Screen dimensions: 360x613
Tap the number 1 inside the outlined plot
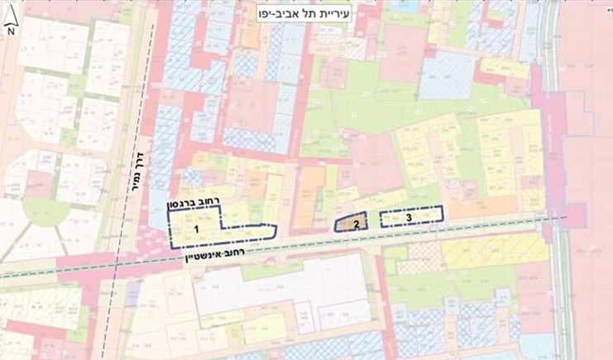click(198, 228)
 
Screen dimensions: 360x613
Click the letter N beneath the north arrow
click(11, 31)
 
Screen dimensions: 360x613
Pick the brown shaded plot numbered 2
click(347, 222)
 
